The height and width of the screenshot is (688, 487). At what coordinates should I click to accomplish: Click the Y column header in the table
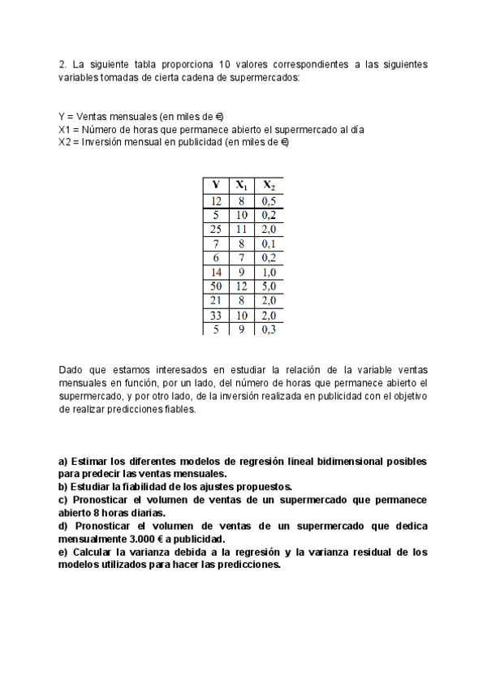click(x=215, y=185)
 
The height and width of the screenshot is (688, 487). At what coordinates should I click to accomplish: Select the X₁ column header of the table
click(x=241, y=185)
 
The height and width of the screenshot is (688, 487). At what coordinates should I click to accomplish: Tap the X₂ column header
click(x=269, y=185)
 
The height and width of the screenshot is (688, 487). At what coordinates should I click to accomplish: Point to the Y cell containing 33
click(x=215, y=315)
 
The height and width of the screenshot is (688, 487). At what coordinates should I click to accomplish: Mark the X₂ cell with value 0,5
click(x=269, y=200)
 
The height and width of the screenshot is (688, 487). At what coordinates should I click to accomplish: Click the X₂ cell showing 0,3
click(x=269, y=329)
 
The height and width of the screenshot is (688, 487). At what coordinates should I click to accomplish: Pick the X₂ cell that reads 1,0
click(x=269, y=273)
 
